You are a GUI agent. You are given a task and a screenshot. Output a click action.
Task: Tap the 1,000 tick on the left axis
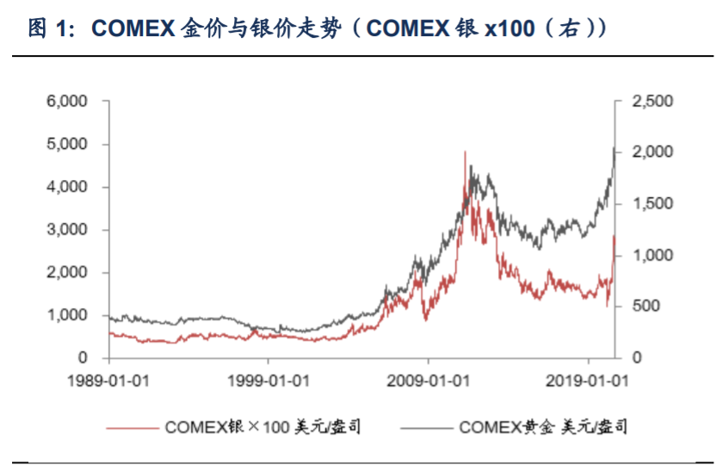[x=69, y=315]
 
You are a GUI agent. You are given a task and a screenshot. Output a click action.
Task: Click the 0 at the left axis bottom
[x=83, y=358]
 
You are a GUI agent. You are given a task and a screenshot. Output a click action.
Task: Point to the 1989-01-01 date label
[x=108, y=380]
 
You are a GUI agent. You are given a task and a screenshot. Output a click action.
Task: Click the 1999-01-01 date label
[x=268, y=380]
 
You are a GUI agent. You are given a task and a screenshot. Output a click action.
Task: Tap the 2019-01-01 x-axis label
[x=588, y=380]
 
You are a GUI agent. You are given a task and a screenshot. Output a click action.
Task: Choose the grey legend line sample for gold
[x=427, y=427]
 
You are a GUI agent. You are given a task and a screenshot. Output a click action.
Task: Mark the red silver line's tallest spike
[x=466, y=152]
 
